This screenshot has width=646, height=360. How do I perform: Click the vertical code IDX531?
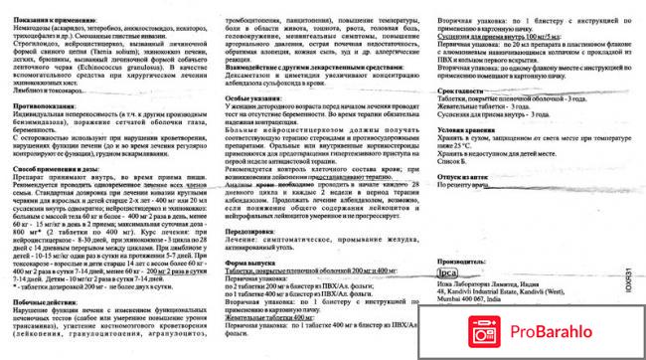pyautogui.click(x=631, y=267)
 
